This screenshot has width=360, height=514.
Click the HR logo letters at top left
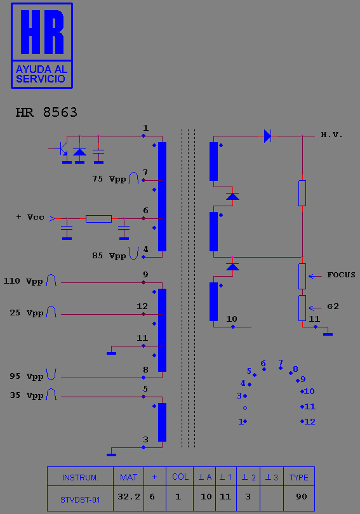coord(42,32)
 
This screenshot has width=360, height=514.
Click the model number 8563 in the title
coord(60,112)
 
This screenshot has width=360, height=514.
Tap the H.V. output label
coord(331,135)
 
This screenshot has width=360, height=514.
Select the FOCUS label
coord(341,275)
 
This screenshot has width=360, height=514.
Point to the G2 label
coord(333,306)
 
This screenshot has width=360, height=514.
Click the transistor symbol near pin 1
coord(61,149)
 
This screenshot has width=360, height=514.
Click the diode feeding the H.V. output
coord(268,136)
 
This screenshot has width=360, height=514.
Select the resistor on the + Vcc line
coord(98,219)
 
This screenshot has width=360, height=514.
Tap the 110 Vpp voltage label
coord(23,281)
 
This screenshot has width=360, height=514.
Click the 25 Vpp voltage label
coord(26,313)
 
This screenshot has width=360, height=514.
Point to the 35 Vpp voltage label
coord(26,395)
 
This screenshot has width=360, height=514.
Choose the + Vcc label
coord(30,217)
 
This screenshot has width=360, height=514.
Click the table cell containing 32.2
coord(128,498)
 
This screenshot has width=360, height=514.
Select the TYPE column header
coord(298,477)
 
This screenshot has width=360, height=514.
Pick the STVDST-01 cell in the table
coord(81,498)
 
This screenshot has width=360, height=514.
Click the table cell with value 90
coord(298,498)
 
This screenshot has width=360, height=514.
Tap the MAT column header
coord(128,477)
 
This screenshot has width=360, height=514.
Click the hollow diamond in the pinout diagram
coord(245,408)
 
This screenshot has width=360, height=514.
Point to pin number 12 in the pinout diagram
coord(310,421)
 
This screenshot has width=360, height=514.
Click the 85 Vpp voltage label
coord(109,256)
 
